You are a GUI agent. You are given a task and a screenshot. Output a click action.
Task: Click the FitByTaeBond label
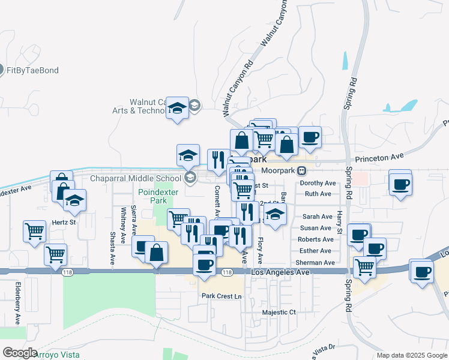(33, 70)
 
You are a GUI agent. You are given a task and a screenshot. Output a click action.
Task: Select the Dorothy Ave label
(318, 183)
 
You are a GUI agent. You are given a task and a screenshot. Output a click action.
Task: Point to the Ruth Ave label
(318, 194)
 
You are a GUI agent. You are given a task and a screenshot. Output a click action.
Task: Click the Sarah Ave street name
(317, 217)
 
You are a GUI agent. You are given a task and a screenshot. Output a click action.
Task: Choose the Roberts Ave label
(315, 239)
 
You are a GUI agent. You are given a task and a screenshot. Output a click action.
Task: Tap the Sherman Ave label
(315, 263)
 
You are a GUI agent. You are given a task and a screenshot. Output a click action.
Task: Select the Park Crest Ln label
(221, 296)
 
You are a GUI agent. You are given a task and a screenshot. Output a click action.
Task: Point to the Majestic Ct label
(279, 313)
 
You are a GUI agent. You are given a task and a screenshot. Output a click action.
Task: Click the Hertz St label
(63, 222)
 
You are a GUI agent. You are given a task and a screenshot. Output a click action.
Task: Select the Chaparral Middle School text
(135, 178)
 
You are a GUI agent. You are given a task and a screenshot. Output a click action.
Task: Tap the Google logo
(19, 353)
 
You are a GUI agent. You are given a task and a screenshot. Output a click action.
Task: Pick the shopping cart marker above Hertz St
(34, 230)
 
